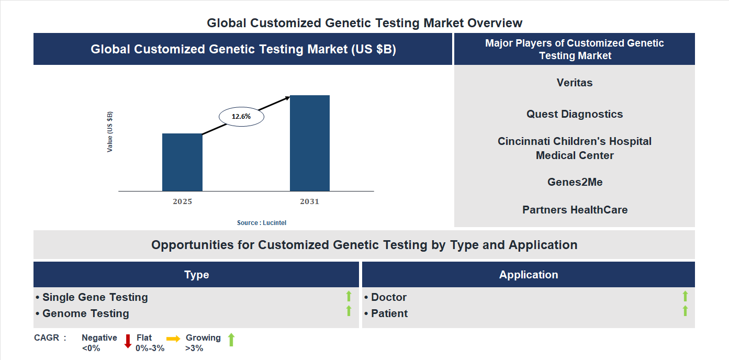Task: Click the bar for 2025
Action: tap(182, 162)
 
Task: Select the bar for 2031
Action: tap(310, 143)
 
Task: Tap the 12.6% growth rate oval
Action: tap(241, 117)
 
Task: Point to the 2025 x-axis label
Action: tap(182, 201)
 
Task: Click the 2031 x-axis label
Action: tap(309, 201)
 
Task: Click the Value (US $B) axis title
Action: tap(110, 132)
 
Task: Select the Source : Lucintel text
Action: tap(262, 223)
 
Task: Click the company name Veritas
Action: tap(575, 83)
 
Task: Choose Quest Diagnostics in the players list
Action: tap(575, 114)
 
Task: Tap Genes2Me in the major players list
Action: tap(575, 182)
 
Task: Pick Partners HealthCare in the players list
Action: tap(575, 210)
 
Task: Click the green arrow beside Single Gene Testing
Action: tap(349, 297)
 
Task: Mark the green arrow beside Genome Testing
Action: tap(349, 311)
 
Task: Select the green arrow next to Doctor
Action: tap(685, 297)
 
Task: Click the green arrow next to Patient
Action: tap(685, 311)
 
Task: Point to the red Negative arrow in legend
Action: tap(128, 341)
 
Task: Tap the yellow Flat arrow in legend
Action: tap(173, 339)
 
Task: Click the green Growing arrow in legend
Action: tap(231, 340)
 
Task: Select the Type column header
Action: tap(196, 275)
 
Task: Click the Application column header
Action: tap(528, 275)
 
